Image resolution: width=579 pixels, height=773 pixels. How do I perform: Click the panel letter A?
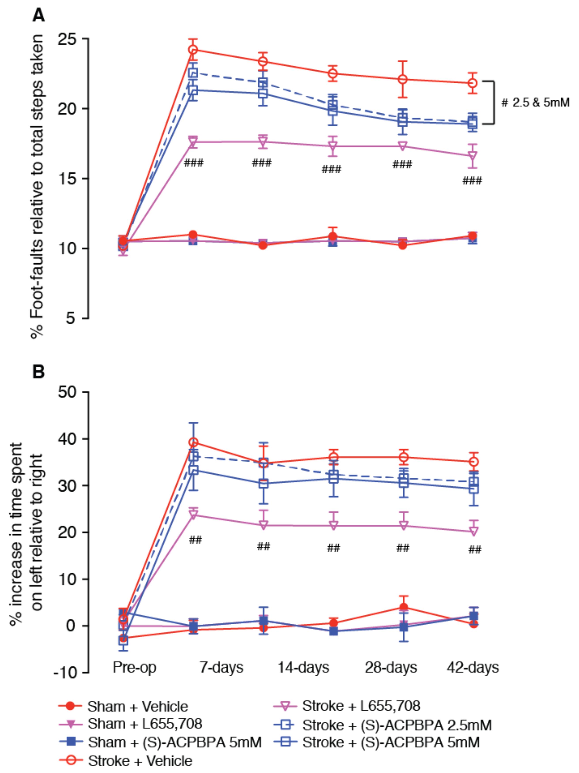tap(38, 15)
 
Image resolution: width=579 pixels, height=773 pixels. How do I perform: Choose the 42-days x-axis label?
tap(473, 668)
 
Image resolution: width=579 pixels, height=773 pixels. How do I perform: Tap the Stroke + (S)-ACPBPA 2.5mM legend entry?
tap(397, 726)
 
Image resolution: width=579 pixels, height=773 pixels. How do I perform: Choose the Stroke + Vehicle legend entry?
tap(140, 761)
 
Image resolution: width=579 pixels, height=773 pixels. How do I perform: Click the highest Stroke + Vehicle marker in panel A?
tap(193, 50)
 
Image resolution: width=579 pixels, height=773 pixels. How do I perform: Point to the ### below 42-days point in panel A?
tap(472, 181)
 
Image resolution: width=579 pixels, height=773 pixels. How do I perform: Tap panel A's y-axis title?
tap(38, 185)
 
